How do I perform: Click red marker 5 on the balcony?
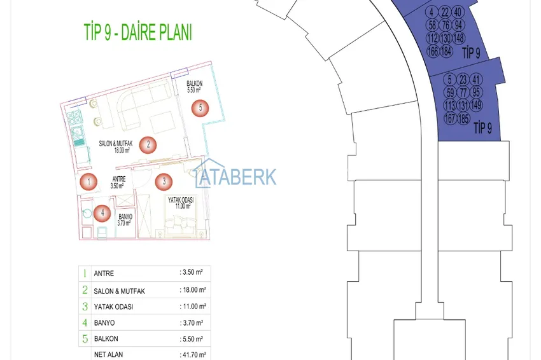pyautogui.click(x=200, y=108)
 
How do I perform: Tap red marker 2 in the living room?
pyautogui.click(x=148, y=144)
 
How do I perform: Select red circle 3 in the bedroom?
pyautogui.click(x=164, y=181)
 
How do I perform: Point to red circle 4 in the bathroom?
pyautogui.click(x=102, y=213)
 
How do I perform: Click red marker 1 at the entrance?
pyautogui.click(x=88, y=182)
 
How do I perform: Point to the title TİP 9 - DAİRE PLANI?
pyautogui.click(x=137, y=32)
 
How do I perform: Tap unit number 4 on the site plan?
pyautogui.click(x=432, y=12)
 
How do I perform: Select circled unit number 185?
pyautogui.click(x=463, y=118)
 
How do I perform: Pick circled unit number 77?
pyautogui.click(x=463, y=92)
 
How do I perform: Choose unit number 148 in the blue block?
pyautogui.click(x=459, y=39)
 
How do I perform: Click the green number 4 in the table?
pyautogui.click(x=84, y=322)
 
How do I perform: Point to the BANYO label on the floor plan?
pyautogui.click(x=125, y=217)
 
